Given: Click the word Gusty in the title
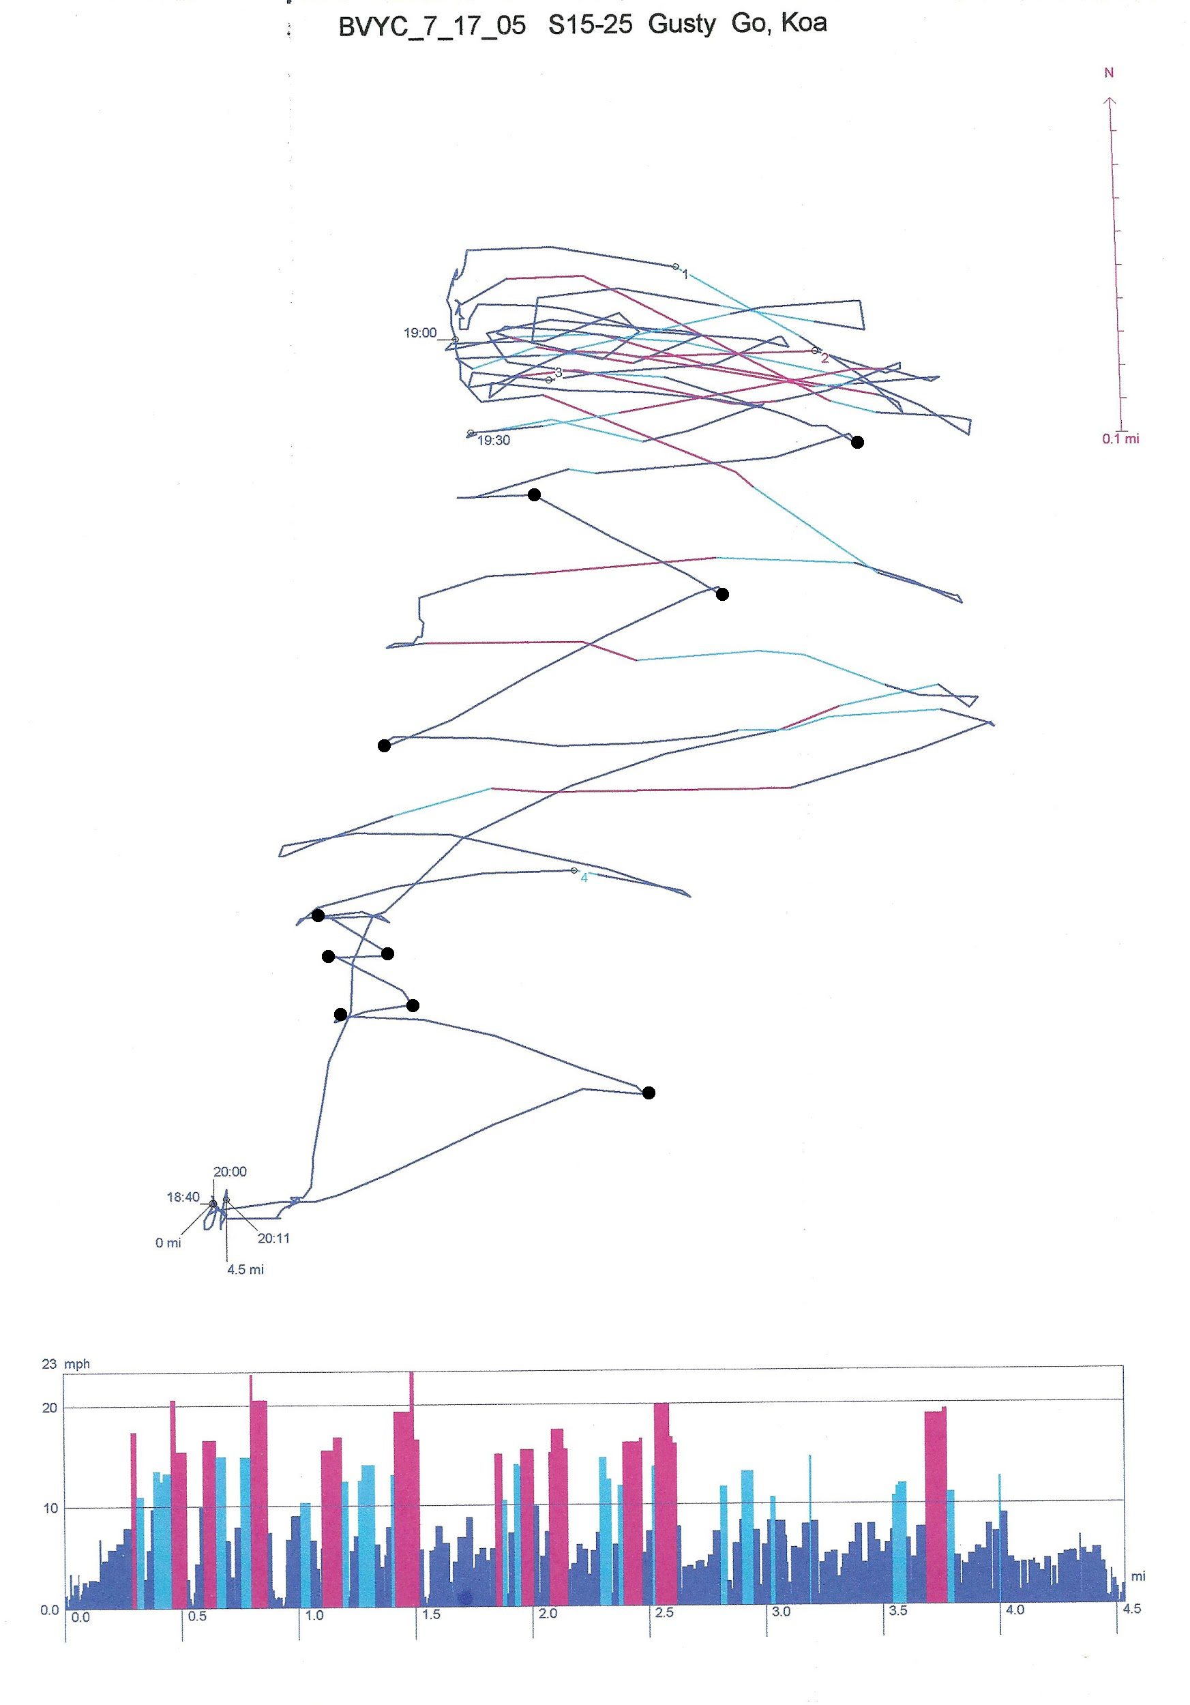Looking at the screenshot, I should pyautogui.click(x=681, y=24).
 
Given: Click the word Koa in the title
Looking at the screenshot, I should pyautogui.click(x=803, y=23).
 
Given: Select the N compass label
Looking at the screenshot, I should pyautogui.click(x=1108, y=73).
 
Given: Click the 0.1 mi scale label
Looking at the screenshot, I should pyautogui.click(x=1120, y=439).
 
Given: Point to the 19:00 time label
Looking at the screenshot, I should pyautogui.click(x=419, y=333).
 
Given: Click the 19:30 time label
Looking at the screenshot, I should pyautogui.click(x=493, y=441).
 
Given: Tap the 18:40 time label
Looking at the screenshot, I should pyautogui.click(x=183, y=1197).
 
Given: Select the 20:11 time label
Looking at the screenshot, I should pyautogui.click(x=273, y=1239).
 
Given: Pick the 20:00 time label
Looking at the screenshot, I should pyautogui.click(x=229, y=1172).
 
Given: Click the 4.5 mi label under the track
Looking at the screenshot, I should pyautogui.click(x=245, y=1270).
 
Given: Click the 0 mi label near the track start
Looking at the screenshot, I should pyautogui.click(x=168, y=1243).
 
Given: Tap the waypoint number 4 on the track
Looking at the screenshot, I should pyautogui.click(x=584, y=878).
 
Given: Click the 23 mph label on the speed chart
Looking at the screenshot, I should pyautogui.click(x=65, y=1363).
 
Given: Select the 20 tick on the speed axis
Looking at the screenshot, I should pyautogui.click(x=49, y=1408).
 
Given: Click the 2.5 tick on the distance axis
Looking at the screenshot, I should pyautogui.click(x=664, y=1613).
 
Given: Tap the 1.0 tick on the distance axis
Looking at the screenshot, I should pyautogui.click(x=313, y=1615).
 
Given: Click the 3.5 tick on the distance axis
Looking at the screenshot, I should pyautogui.click(x=897, y=1612).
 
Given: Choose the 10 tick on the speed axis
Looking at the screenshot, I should pyautogui.click(x=50, y=1508).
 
